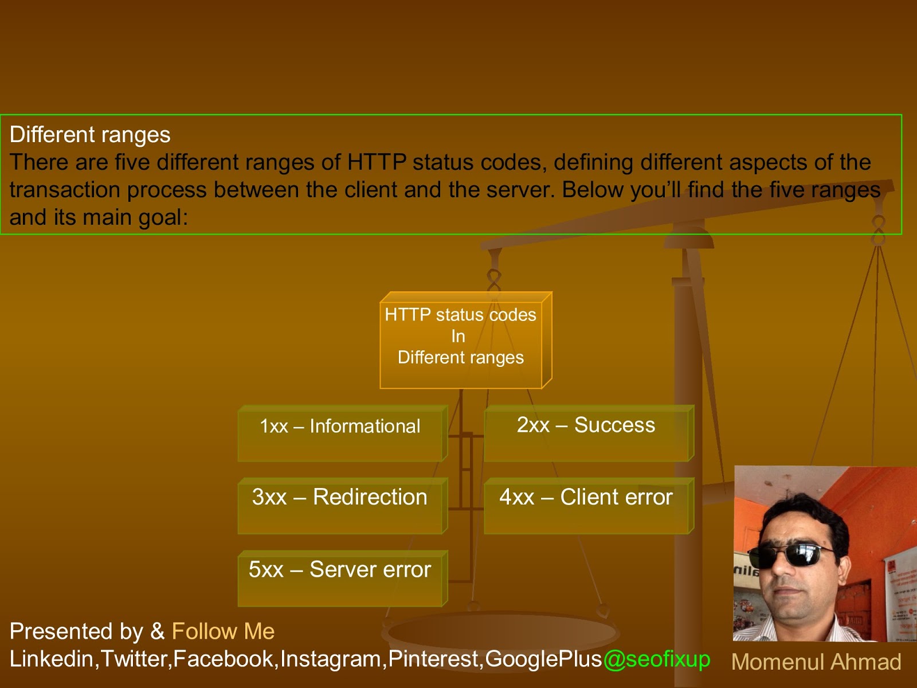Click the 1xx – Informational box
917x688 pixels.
tap(341, 433)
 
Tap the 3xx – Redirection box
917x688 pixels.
tap(341, 506)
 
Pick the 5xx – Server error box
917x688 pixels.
tap(341, 578)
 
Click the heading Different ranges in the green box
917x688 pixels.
tap(90, 135)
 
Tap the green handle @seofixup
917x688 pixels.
tap(656, 659)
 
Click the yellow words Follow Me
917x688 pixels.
tap(223, 631)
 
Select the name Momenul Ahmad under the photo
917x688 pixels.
tap(816, 662)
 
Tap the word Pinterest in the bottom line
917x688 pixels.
tap(434, 659)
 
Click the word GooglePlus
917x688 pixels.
tap(543, 659)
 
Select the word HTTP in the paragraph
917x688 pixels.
tap(377, 162)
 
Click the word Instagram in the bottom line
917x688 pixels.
tap(331, 659)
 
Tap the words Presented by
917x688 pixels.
tap(76, 631)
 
